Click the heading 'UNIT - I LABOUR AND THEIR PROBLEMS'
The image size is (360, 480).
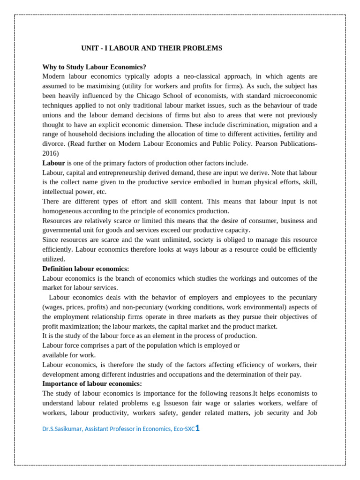(151, 48)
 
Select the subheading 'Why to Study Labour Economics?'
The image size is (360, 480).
(94, 67)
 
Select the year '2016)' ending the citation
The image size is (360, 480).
(51, 153)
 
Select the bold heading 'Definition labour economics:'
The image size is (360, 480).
(86, 269)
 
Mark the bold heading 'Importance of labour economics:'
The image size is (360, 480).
(92, 383)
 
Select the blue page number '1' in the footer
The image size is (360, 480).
(197, 427)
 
